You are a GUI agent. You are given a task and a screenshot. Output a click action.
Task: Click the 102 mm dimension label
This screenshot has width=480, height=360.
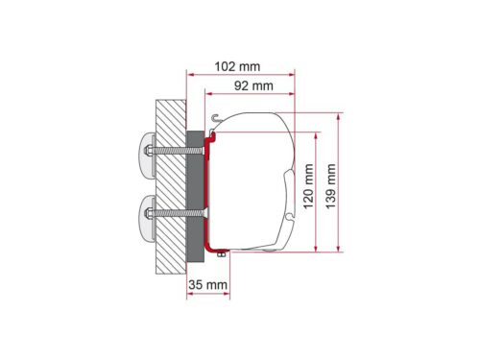(237, 66)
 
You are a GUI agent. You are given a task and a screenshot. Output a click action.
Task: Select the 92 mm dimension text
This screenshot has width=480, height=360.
(253, 85)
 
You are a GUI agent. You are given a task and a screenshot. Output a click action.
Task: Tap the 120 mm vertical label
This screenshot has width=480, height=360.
(308, 186)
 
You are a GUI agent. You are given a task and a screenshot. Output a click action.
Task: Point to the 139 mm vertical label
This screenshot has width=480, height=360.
(331, 186)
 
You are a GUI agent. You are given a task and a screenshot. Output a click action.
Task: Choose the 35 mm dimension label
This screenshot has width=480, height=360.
(208, 284)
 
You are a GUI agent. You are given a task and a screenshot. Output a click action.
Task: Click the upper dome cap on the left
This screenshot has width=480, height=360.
(147, 155)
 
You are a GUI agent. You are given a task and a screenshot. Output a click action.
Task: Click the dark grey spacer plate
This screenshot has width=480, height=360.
(195, 197)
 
